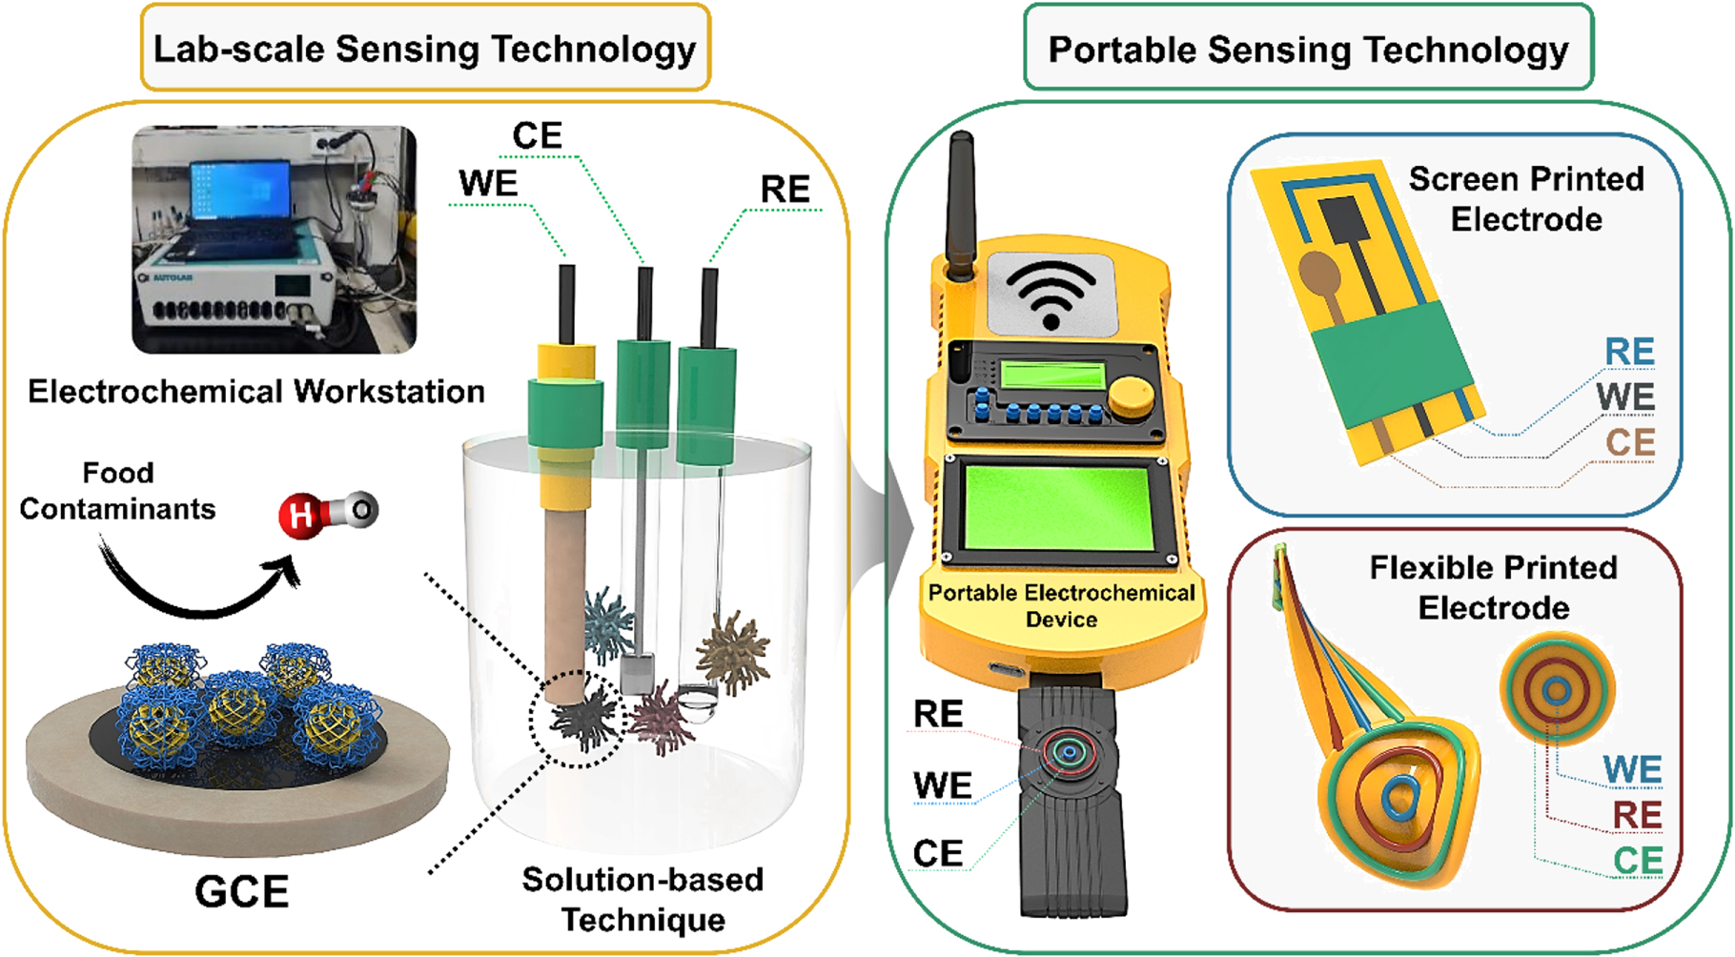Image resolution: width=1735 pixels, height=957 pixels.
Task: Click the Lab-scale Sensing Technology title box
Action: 425,49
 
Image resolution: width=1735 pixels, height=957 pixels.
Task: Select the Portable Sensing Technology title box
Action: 1307,49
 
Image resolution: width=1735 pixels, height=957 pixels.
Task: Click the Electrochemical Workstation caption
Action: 255,392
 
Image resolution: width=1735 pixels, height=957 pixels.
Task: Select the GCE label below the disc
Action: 241,892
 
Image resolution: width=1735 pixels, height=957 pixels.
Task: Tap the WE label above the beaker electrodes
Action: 488,183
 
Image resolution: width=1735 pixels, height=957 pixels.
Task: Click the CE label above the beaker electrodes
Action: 537,135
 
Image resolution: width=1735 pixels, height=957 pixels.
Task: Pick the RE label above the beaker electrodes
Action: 785,190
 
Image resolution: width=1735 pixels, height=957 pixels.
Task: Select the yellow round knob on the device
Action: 1132,395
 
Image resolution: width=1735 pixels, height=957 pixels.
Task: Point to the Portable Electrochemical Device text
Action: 1061,605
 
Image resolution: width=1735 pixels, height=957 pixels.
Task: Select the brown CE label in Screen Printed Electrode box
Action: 1629,442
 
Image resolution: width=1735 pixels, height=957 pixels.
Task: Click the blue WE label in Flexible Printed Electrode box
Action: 1632,769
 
